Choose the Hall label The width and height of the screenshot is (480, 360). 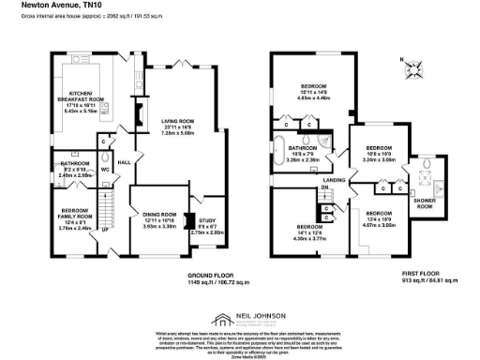(x=123, y=162)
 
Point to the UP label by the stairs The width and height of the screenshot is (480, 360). (x=105, y=230)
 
